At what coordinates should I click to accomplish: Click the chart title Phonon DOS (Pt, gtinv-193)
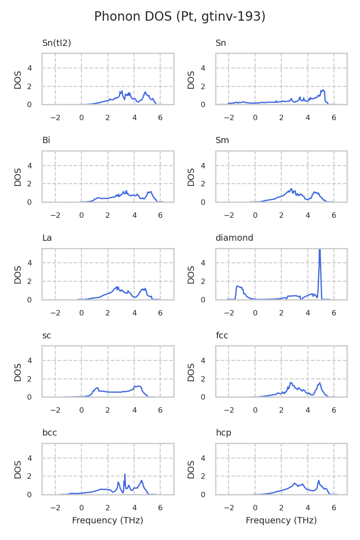click(x=180, y=17)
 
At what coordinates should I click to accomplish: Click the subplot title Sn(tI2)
click(x=57, y=43)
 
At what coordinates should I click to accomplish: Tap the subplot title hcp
click(x=224, y=433)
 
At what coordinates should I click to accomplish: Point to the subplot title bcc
click(x=49, y=433)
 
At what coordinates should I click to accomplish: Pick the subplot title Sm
click(x=222, y=140)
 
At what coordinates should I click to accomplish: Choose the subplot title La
click(x=47, y=238)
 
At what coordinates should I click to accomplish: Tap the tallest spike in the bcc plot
click(x=125, y=475)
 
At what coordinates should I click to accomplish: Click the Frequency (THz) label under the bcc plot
click(x=108, y=521)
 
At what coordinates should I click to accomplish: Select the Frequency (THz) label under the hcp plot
click(x=281, y=521)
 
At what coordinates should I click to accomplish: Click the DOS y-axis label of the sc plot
click(x=18, y=372)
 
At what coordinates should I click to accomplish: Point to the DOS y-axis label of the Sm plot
click(x=192, y=177)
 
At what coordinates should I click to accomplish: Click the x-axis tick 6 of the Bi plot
click(x=160, y=216)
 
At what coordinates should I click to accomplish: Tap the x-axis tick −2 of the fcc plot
click(x=229, y=410)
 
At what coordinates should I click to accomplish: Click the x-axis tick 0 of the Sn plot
click(x=255, y=118)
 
